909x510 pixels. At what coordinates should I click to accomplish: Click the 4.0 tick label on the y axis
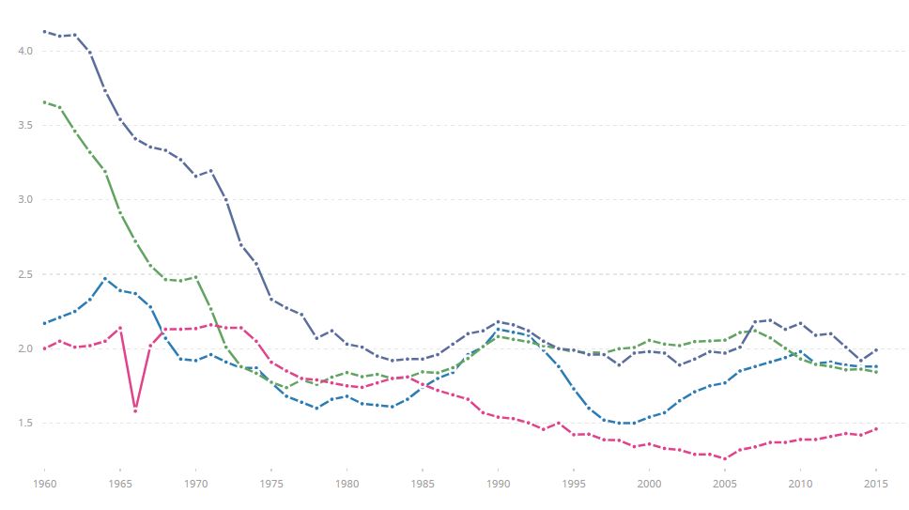(26, 51)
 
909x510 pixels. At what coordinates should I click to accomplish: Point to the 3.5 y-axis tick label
(26, 125)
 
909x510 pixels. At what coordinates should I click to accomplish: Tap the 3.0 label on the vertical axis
(26, 199)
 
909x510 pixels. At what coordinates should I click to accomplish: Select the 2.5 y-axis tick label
(26, 274)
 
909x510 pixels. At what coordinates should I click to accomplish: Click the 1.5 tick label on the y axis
(26, 423)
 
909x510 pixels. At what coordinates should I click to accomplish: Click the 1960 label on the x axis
(44, 483)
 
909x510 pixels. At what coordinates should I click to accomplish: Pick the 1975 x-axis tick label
(271, 483)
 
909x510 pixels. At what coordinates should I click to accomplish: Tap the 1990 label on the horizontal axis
(498, 483)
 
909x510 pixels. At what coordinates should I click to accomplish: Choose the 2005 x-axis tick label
(725, 483)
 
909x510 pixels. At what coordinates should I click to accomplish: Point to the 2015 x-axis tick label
(876, 483)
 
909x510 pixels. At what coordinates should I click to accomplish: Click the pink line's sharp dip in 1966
(135, 410)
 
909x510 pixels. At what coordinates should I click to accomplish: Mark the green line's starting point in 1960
(44, 101)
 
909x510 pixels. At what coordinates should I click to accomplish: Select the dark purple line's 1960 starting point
(44, 31)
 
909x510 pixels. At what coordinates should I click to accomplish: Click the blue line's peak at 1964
(105, 278)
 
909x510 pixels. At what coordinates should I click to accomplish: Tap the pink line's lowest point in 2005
(725, 458)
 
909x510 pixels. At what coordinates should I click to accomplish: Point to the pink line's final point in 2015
(876, 429)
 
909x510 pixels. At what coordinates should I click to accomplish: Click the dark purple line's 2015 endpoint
(876, 350)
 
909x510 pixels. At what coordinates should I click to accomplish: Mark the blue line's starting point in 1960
(44, 323)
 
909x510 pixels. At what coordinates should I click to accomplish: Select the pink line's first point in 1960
(44, 348)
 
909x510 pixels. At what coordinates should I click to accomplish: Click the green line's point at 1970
(195, 277)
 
